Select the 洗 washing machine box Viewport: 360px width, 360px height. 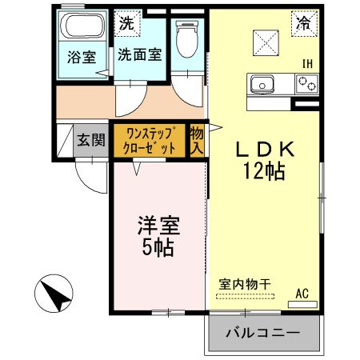[x=126, y=23]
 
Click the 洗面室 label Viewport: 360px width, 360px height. [x=141, y=55]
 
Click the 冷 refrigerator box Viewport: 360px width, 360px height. [x=303, y=24]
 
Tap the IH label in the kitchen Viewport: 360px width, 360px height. [x=306, y=63]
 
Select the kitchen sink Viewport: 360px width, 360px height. [x=262, y=82]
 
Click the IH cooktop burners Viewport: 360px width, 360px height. [x=306, y=82]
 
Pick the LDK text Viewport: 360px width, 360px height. [x=266, y=150]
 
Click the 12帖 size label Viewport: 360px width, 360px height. [x=266, y=170]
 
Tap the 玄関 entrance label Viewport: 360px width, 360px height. [x=90, y=139]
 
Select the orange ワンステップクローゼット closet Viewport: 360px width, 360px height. [x=150, y=140]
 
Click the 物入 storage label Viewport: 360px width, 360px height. [x=197, y=140]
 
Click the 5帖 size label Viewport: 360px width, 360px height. [x=158, y=246]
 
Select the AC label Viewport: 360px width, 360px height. [x=302, y=294]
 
